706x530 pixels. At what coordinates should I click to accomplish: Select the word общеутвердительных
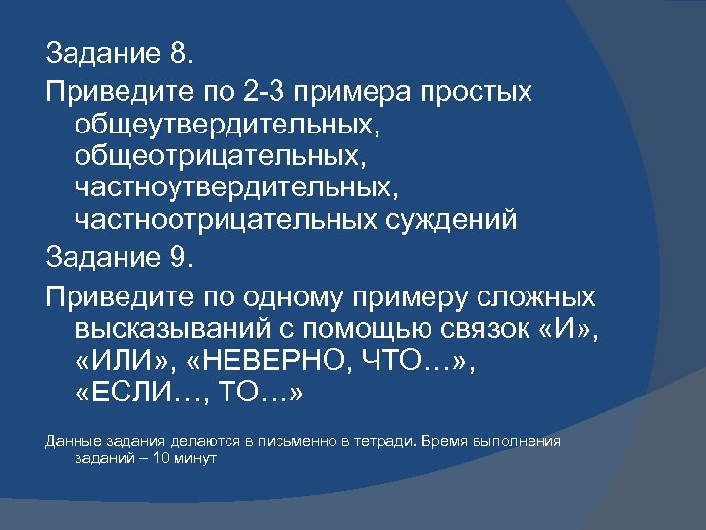point(225,125)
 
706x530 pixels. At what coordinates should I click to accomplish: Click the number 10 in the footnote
point(172,458)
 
